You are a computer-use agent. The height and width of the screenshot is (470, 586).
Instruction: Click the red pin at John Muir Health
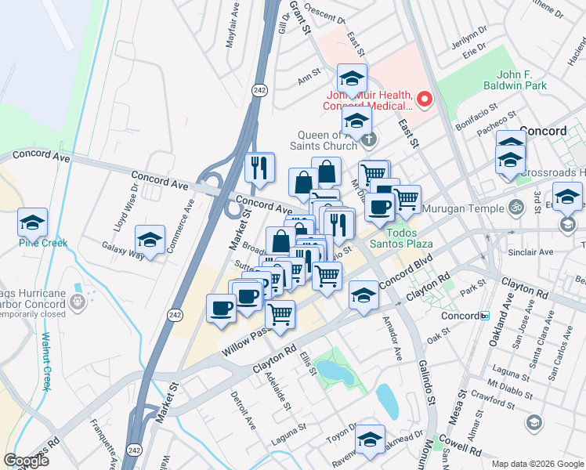click(425, 99)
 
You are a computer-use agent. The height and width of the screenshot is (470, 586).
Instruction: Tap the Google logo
click(26, 461)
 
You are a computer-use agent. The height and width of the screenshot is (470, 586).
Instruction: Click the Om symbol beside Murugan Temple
click(515, 208)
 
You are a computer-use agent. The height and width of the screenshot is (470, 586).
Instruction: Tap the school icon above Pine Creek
click(33, 222)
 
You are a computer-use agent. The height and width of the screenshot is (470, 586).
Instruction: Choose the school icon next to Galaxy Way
click(150, 240)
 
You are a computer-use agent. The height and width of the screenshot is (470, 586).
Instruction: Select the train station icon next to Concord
click(485, 316)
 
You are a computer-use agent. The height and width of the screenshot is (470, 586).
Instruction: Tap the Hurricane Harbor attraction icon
click(76, 301)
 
